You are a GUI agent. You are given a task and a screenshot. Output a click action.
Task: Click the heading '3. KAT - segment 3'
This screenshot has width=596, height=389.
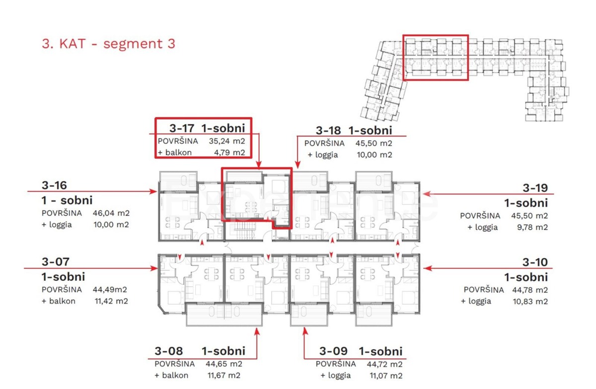point(108,44)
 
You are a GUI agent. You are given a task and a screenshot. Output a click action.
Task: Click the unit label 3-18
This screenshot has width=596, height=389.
point(328,130)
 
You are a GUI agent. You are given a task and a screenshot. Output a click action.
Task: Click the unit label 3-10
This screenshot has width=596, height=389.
point(535,262)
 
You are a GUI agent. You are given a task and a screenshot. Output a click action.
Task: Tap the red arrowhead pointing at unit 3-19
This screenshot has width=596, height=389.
point(427,194)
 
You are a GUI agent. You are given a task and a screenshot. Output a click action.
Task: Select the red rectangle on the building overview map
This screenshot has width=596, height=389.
point(435,58)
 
